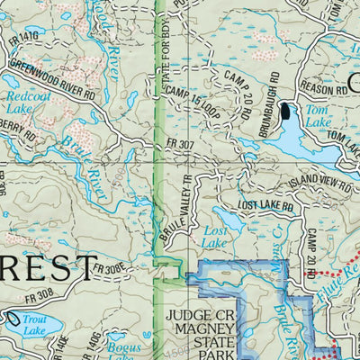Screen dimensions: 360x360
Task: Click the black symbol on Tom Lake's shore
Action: click(x=286, y=112)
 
